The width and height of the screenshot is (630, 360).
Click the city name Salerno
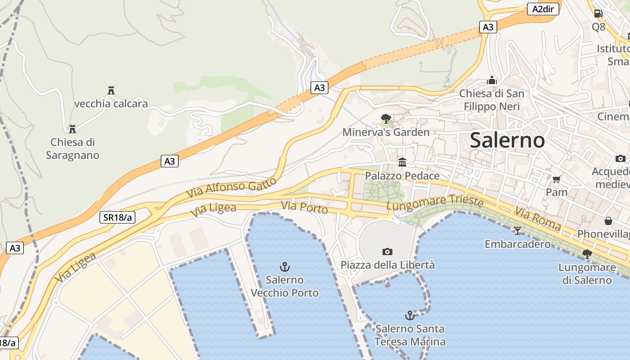tap(507, 140)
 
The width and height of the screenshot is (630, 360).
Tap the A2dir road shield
tap(543, 9)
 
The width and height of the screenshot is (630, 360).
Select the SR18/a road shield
tap(117, 217)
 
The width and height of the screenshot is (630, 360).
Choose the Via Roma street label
tap(538, 219)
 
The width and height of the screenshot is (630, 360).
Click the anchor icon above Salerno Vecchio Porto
tap(284, 267)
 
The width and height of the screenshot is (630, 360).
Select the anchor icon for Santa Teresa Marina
tap(409, 315)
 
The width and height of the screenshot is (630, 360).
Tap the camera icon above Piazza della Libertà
tap(387, 252)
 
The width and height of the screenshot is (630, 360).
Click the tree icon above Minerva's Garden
tap(386, 119)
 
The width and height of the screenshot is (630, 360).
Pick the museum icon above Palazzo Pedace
tap(402, 162)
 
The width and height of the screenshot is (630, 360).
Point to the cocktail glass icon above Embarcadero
tap(517, 231)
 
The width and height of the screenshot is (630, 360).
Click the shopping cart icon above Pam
tap(556, 180)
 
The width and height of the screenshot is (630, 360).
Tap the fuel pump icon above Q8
tap(598, 13)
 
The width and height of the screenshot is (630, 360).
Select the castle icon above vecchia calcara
tap(111, 90)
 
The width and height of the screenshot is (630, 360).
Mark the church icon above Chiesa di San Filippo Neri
tap(492, 81)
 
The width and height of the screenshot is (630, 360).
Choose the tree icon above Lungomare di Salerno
tap(587, 254)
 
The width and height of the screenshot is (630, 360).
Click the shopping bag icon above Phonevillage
tap(608, 221)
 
